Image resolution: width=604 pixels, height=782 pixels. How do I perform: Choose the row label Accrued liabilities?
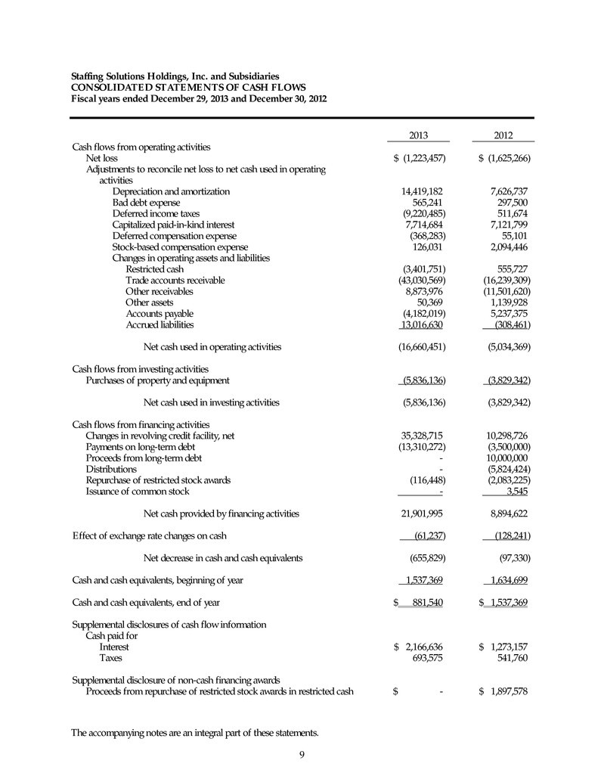[160, 325]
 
